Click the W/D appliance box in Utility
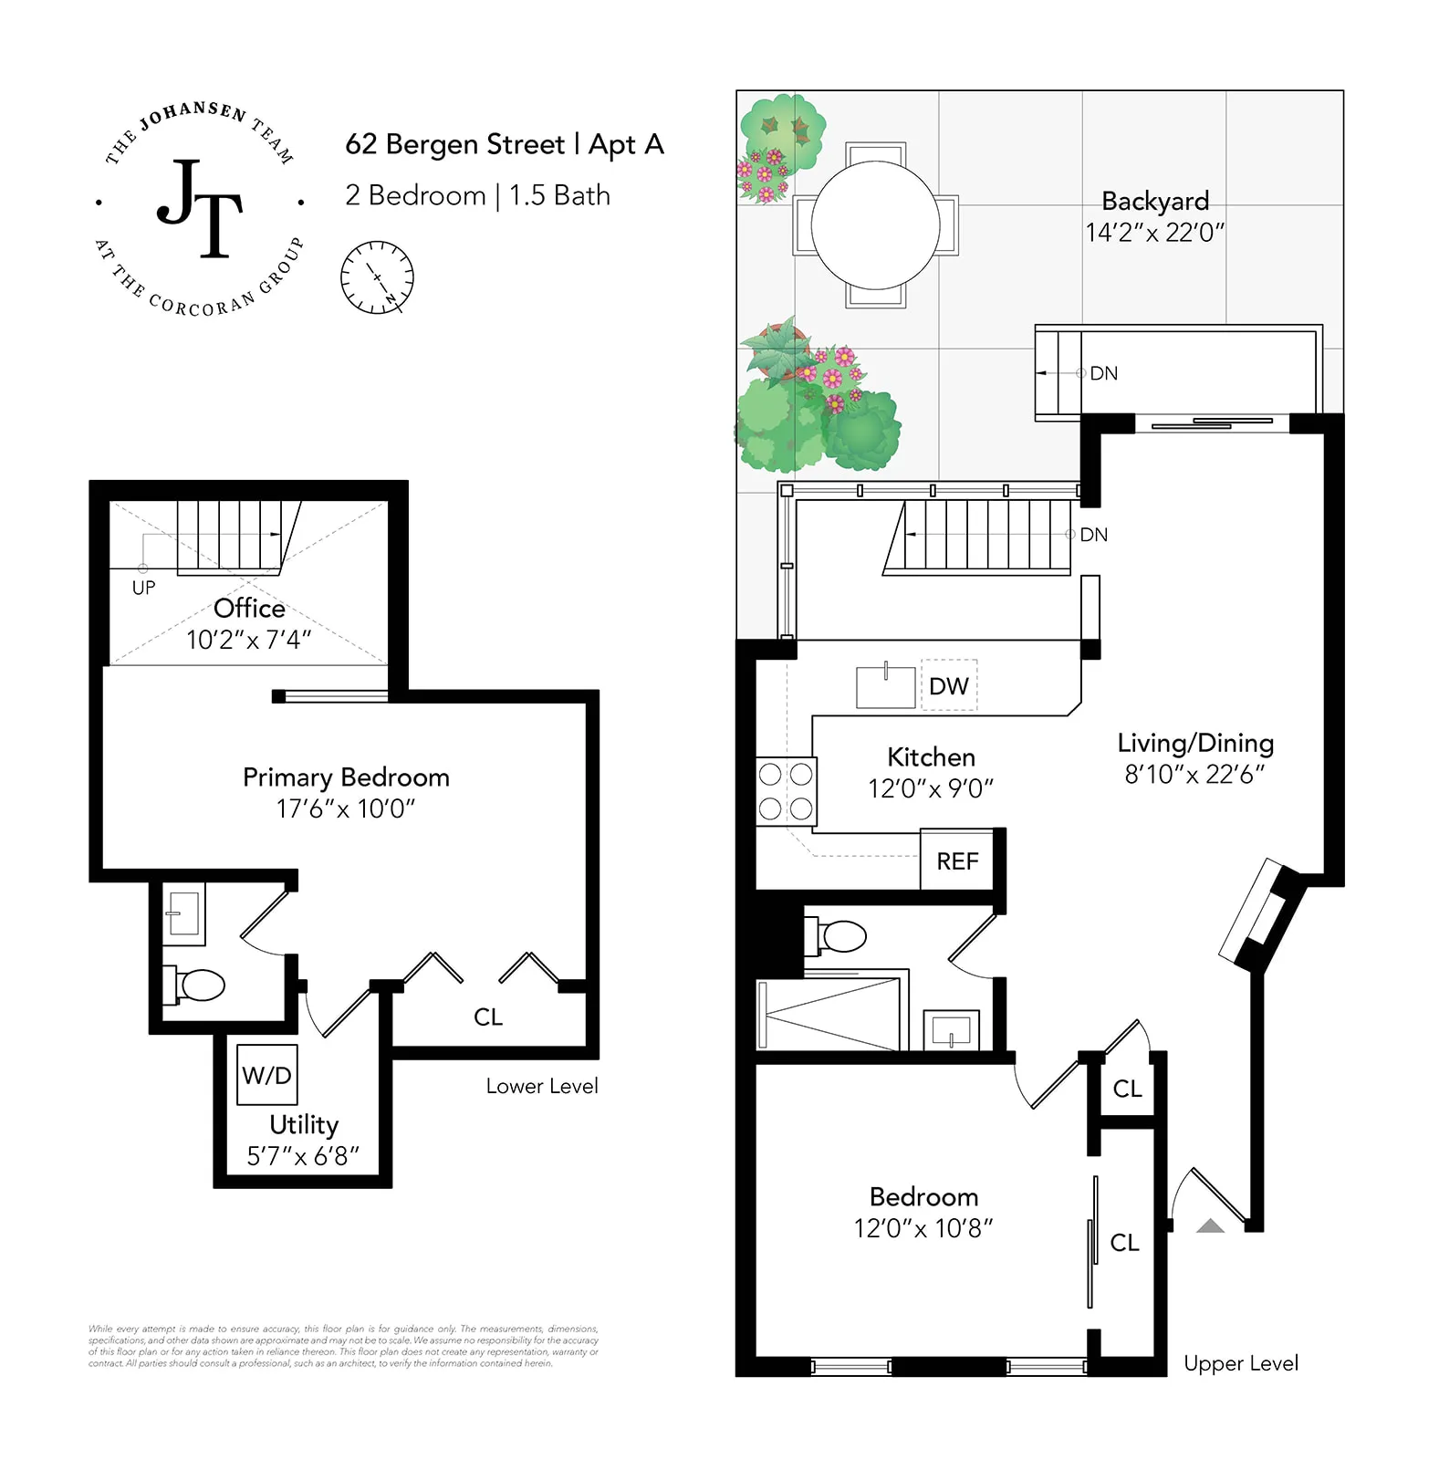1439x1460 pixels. (266, 1075)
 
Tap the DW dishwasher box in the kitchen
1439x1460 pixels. (949, 685)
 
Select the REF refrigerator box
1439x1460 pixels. (957, 860)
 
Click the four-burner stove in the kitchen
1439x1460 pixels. (786, 791)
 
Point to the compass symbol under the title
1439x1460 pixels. (377, 277)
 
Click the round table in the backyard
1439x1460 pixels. (875, 224)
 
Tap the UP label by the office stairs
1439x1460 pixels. (143, 588)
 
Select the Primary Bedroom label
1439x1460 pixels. (346, 777)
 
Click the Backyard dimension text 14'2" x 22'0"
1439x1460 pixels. (1154, 233)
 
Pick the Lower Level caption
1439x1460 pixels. (542, 1086)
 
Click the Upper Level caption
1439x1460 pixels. (1240, 1363)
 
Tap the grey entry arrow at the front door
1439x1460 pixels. (1210, 1225)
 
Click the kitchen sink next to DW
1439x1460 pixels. (885, 687)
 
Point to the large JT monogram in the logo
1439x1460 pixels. (201, 208)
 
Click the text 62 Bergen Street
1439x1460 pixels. (455, 144)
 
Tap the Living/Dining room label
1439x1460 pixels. (1195, 743)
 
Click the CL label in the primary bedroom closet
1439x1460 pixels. (488, 1017)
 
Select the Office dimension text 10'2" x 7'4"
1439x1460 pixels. (248, 640)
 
